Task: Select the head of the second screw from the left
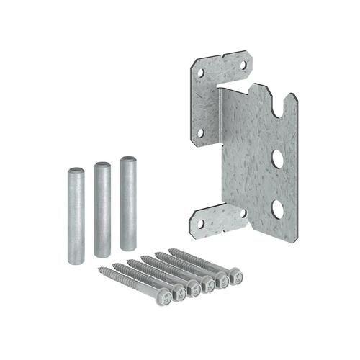(180, 291)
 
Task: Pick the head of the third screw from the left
(194, 287)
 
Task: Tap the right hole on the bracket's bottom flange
(243, 213)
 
